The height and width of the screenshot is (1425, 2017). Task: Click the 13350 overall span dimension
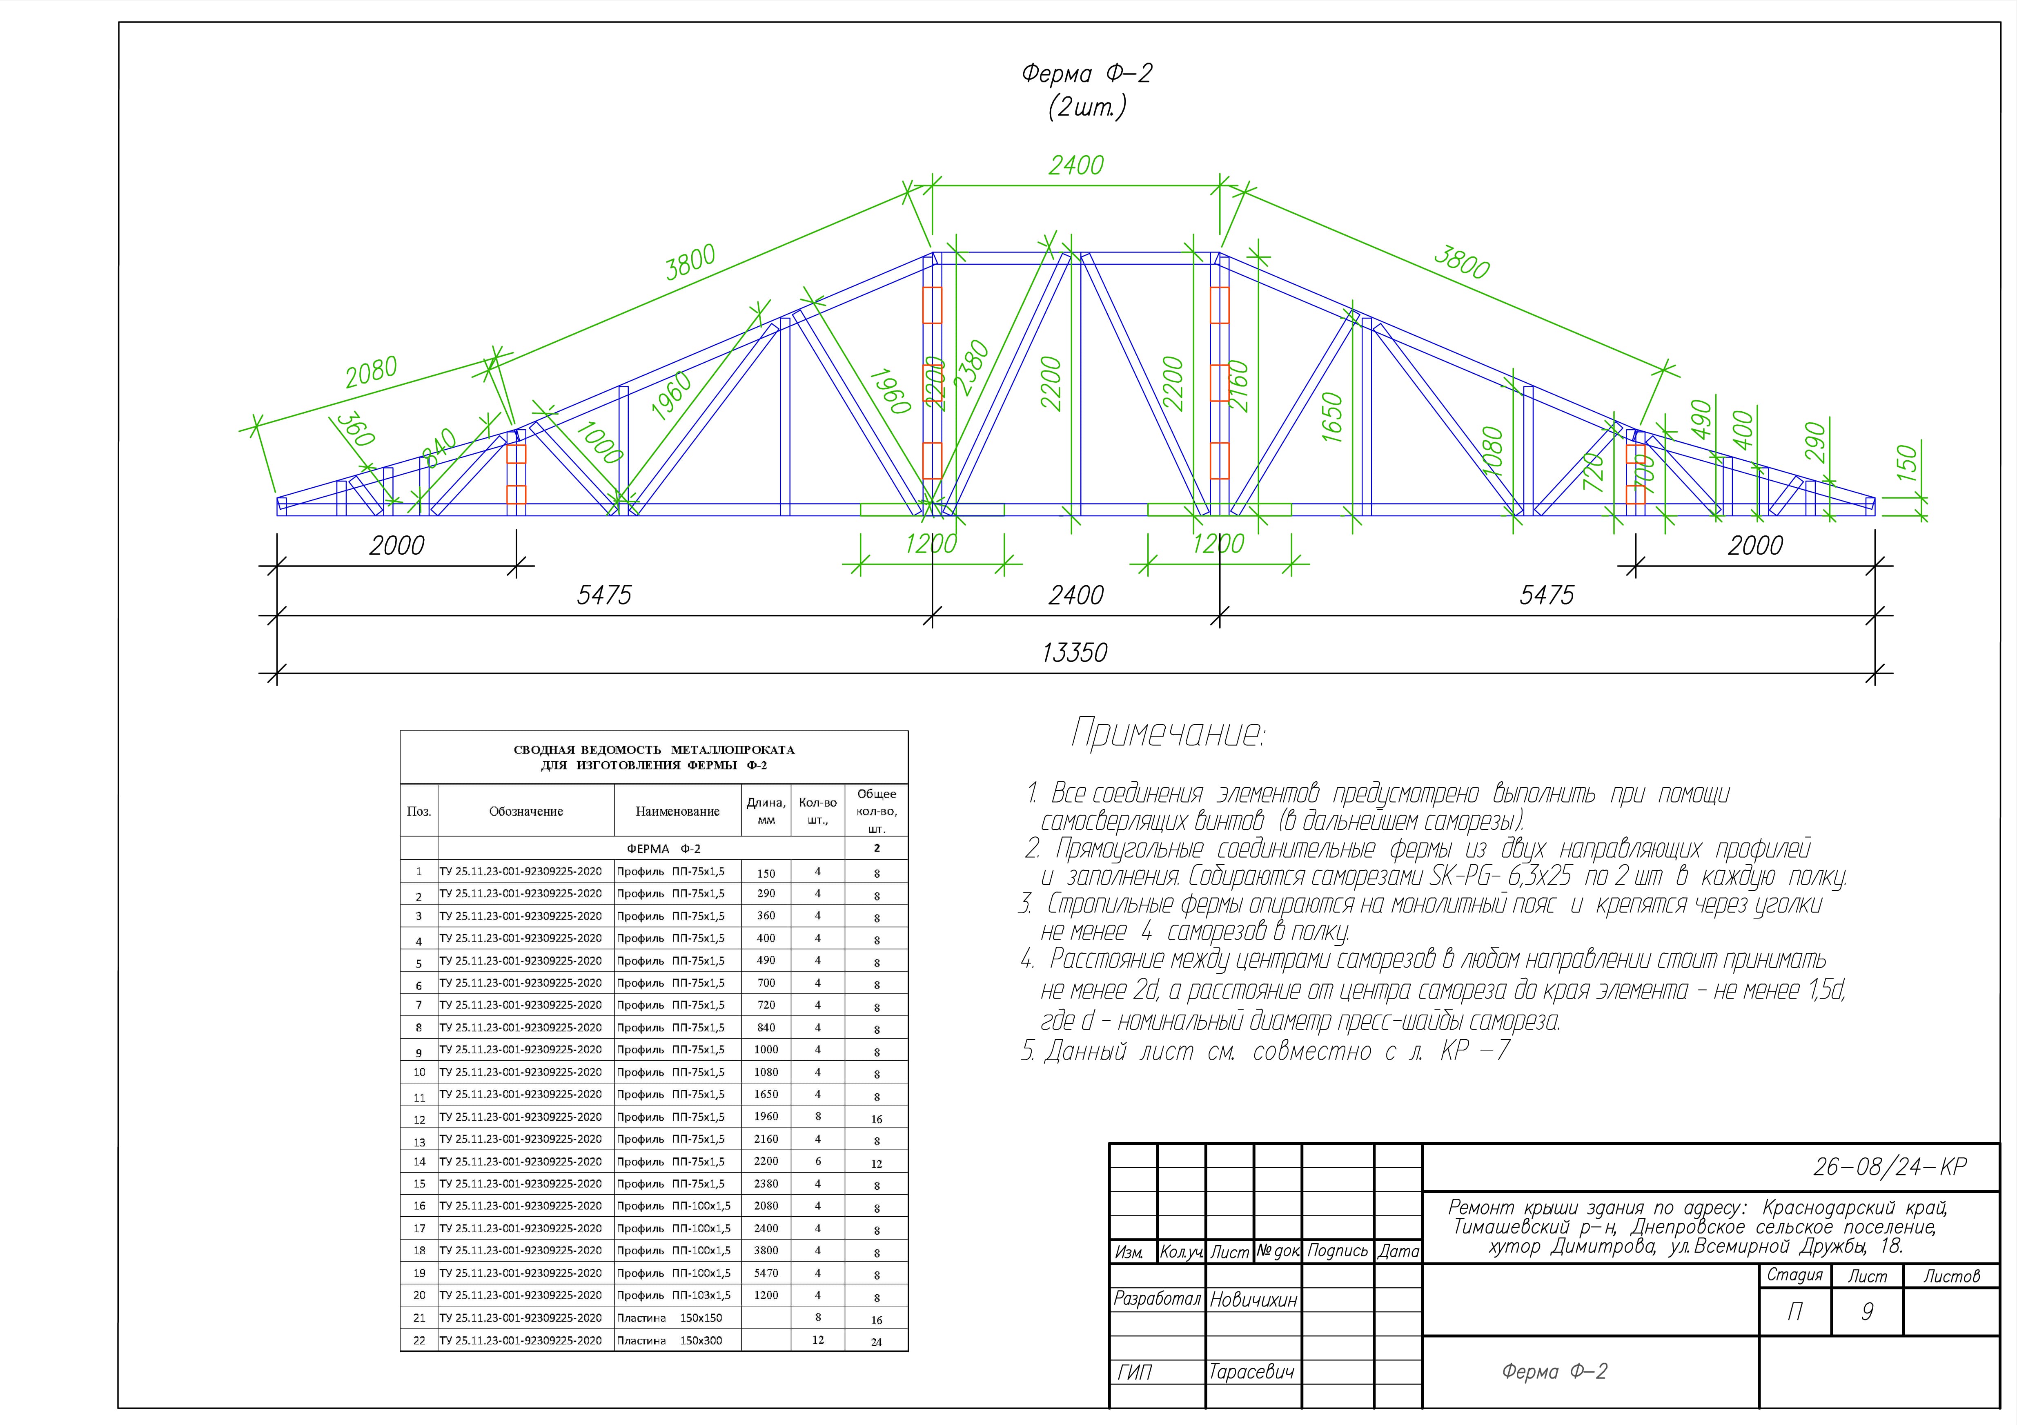1074,653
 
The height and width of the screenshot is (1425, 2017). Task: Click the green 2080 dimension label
371,372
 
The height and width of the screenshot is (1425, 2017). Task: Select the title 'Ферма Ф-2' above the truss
1086,74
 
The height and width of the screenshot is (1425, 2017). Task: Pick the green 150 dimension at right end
1906,464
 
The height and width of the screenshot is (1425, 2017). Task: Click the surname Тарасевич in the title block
1251,1371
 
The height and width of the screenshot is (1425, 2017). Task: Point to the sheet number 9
1867,1312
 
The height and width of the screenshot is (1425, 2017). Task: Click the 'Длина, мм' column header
766,811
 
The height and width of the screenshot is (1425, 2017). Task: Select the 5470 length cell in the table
766,1273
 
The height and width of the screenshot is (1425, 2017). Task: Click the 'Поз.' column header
419,811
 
